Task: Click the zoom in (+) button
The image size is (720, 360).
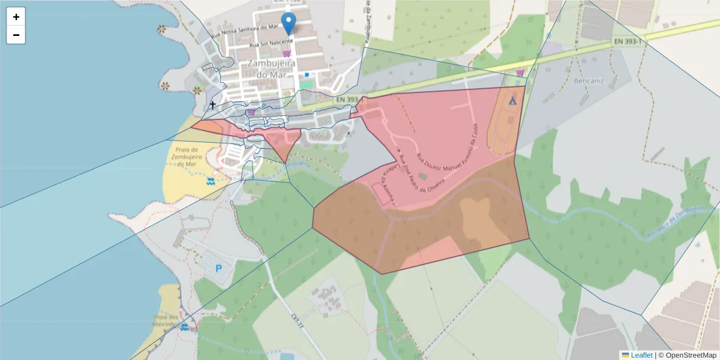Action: click(16, 17)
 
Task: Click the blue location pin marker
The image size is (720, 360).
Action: click(289, 22)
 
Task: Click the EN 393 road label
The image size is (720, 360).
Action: click(347, 100)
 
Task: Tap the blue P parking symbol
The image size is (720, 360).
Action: click(218, 269)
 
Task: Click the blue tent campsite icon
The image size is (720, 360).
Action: click(512, 101)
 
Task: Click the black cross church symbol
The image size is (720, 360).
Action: click(212, 106)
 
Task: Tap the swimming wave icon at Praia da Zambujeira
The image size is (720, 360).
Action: click(211, 181)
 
